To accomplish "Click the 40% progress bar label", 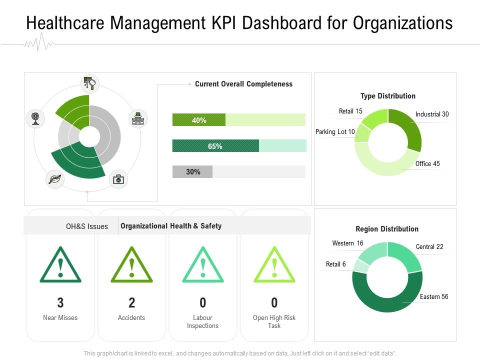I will pyautogui.click(x=199, y=120).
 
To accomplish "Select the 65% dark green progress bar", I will pyautogui.click(x=215, y=146).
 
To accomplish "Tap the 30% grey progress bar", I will pyautogui.click(x=192, y=172).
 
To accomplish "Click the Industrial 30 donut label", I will pyautogui.click(x=432, y=114).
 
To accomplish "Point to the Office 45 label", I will pyautogui.click(x=427, y=164).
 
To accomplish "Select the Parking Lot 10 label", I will pyautogui.click(x=335, y=132).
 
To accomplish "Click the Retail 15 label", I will pyautogui.click(x=350, y=111).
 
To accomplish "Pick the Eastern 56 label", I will pyautogui.click(x=434, y=297).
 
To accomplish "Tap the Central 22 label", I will pyautogui.click(x=429, y=247).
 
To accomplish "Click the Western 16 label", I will pyautogui.click(x=347, y=243).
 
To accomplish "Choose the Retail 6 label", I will pyautogui.click(x=336, y=264).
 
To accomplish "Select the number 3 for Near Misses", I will pyautogui.click(x=60, y=302).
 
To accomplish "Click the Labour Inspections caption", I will pyautogui.click(x=202, y=322).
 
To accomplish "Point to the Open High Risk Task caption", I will pyautogui.click(x=274, y=322).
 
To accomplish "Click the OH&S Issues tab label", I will pyautogui.click(x=87, y=226).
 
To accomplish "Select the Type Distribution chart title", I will pyautogui.click(x=388, y=96).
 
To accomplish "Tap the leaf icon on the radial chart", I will pyautogui.click(x=54, y=179).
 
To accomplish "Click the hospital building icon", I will pyautogui.click(x=138, y=118).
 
